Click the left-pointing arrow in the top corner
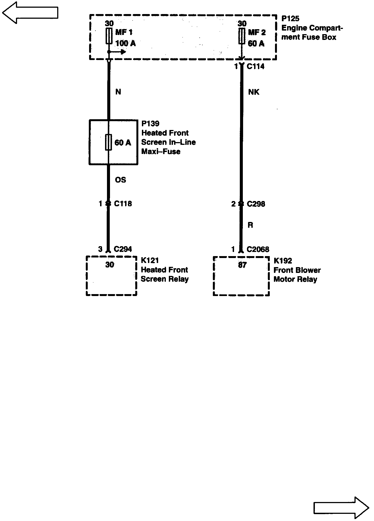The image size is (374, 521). click(x=30, y=12)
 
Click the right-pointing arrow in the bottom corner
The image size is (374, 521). click(x=341, y=507)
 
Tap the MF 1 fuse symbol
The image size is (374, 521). click(x=109, y=36)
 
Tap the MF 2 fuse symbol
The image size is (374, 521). click(x=242, y=36)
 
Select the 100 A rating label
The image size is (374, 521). click(x=125, y=43)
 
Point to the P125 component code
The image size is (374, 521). click(x=290, y=19)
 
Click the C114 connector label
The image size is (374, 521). click(x=255, y=66)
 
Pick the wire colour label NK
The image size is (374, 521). click(x=254, y=92)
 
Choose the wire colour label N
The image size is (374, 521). click(x=118, y=92)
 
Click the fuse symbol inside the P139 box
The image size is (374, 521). click(x=109, y=142)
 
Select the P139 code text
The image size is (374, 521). click(x=150, y=124)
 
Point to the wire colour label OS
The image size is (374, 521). click(x=120, y=180)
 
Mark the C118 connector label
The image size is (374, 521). click(x=123, y=204)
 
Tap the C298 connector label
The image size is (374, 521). click(x=256, y=204)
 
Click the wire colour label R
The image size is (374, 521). click(x=250, y=225)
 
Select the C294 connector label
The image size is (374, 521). click(x=123, y=249)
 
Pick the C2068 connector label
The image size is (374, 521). click(x=258, y=249)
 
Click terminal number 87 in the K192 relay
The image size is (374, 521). click(x=242, y=265)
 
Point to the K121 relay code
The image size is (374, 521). click(x=150, y=260)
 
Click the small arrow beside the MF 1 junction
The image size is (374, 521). click(x=120, y=52)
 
